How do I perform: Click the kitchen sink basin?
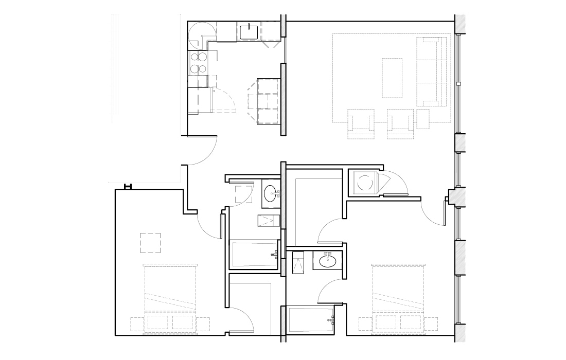coord(249,32)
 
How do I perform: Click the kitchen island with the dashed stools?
coord(268,101)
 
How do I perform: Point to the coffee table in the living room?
coord(393,78)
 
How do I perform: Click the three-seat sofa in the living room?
coord(431,71)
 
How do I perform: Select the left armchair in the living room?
coord(361,124)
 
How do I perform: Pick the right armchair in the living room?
coord(400,124)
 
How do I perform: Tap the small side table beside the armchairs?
coord(423,118)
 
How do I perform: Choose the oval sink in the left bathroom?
coord(271,193)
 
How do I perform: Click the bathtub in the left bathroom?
coord(253,255)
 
